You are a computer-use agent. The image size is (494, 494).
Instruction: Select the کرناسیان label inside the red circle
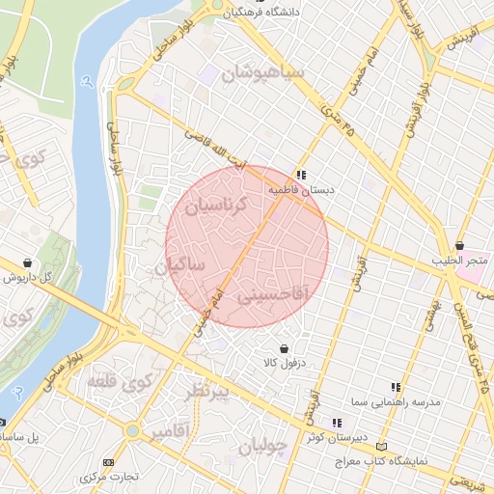coord(216,205)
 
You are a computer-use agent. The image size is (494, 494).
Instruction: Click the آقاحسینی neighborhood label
coord(271,292)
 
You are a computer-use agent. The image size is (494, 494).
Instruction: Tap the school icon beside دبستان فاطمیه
coord(302,176)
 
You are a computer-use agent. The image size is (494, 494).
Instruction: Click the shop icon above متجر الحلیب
coord(460,246)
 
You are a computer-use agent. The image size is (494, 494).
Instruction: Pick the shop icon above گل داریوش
coord(27,262)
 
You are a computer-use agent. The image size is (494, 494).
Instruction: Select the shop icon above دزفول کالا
coord(284,348)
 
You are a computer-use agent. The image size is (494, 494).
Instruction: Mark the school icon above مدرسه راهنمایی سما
coord(396,387)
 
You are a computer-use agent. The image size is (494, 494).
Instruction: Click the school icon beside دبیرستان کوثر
coord(337,423)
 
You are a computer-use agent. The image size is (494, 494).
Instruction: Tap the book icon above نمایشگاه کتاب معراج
coord(383,447)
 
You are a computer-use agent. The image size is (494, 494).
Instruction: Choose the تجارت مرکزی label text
coord(110,478)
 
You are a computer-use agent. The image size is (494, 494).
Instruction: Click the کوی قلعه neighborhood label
coord(120,382)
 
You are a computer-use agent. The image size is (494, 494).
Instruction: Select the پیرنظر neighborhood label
coord(207,392)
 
